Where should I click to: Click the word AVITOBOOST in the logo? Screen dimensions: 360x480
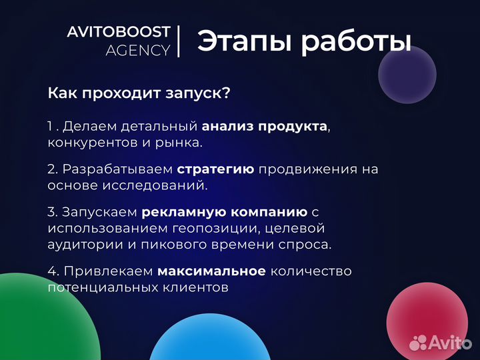point(118,32)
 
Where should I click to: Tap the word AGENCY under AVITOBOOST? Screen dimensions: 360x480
point(137,51)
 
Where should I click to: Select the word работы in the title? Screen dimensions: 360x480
point(354,41)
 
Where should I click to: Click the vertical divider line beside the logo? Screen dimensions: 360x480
point(179,41)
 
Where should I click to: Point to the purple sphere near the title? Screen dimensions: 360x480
point(407,74)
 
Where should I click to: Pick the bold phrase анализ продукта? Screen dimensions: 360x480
point(264,127)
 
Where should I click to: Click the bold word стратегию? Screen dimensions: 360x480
point(215,169)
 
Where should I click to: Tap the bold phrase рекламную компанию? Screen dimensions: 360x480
point(224,212)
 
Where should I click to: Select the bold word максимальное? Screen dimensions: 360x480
point(211,271)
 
